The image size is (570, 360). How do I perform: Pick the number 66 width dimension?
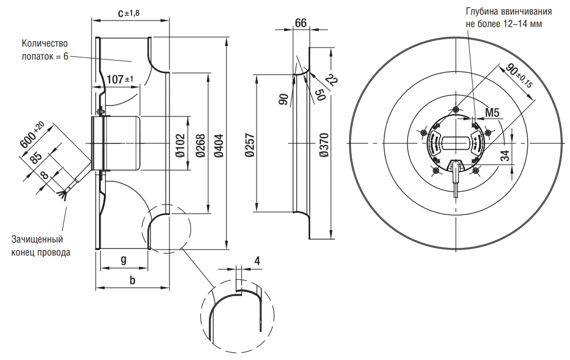(300, 23)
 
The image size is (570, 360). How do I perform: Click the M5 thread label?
(492, 113)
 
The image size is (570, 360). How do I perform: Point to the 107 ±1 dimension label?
(119, 80)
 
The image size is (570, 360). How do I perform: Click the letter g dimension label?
(123, 260)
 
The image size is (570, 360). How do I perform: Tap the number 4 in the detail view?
(257, 260)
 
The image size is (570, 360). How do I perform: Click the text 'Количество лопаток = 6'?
(45, 50)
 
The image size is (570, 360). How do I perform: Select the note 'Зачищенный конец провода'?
(41, 245)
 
